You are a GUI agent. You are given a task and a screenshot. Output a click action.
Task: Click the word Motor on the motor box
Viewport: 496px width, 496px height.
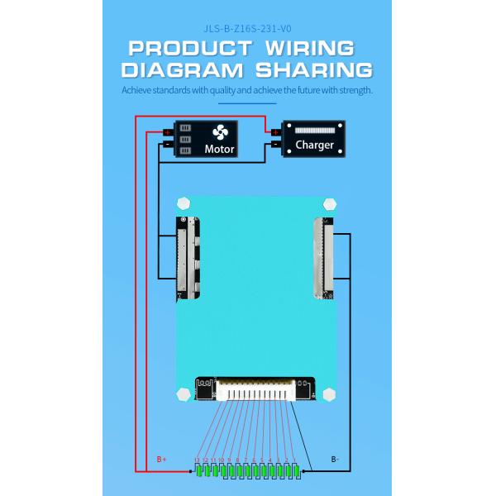click(219, 150)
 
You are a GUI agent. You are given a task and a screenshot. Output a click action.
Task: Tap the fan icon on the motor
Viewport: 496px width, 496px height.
click(219, 132)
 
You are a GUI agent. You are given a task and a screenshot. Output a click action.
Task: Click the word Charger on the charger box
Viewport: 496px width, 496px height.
click(314, 145)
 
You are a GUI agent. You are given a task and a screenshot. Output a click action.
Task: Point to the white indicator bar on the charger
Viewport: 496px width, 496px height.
click(314, 131)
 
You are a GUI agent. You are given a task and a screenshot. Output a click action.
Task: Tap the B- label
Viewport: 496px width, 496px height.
click(335, 459)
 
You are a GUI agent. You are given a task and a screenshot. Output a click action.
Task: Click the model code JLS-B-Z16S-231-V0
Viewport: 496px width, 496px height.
click(248, 26)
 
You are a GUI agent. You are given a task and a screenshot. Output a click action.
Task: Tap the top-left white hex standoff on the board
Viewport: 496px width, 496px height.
click(183, 203)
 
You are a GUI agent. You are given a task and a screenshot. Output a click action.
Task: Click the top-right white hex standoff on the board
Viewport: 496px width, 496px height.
click(329, 203)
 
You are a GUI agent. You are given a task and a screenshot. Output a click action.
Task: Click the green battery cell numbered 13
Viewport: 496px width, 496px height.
click(198, 470)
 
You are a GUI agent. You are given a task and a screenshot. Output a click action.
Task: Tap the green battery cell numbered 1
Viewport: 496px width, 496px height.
click(295, 470)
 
